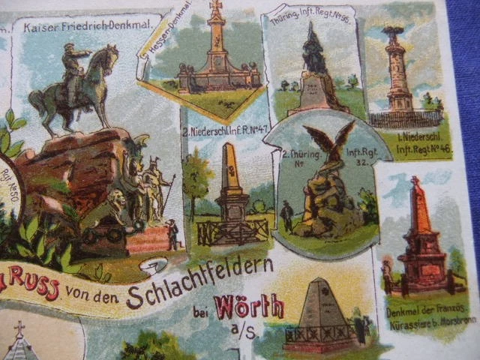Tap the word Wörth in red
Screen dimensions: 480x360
pos(249,307)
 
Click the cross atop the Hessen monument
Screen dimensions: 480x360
pos(217,7)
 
